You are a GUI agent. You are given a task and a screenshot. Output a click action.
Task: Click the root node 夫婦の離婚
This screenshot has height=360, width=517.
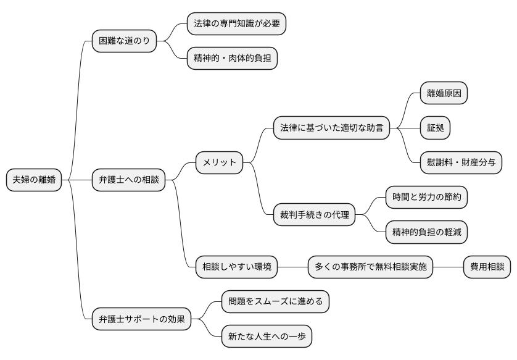[x=34, y=180]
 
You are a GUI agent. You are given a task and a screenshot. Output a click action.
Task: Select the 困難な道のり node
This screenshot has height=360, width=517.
[x=124, y=41]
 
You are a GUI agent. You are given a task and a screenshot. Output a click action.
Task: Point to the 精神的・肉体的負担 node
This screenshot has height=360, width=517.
[x=232, y=59]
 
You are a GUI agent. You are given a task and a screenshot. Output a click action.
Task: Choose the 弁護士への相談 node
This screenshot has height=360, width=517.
[x=128, y=180]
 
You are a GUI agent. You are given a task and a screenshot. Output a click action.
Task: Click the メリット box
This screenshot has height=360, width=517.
[x=219, y=162]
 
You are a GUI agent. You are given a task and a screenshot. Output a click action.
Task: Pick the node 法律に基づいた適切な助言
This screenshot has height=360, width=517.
[x=331, y=128]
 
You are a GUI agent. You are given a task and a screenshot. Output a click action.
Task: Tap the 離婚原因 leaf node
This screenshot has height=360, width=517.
[x=443, y=93]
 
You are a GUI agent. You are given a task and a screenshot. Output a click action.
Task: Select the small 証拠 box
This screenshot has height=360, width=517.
[x=435, y=128]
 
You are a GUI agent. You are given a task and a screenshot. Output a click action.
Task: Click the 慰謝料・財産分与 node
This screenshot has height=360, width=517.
[x=460, y=162]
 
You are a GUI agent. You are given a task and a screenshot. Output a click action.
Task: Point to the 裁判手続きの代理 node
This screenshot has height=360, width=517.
[x=314, y=215]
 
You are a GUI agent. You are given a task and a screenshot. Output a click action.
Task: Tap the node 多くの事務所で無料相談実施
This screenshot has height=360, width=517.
[x=370, y=267]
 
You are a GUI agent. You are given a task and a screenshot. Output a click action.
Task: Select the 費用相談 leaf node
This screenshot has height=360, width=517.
[x=487, y=267]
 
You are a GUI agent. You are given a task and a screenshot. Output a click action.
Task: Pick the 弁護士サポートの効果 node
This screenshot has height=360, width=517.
[x=141, y=319]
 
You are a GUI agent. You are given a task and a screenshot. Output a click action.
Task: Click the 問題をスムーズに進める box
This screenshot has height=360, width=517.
[x=275, y=302]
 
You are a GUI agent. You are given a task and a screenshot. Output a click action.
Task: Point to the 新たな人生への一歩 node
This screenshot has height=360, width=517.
[x=267, y=337]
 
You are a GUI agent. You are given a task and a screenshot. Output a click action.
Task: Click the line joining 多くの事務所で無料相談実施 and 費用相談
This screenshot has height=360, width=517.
[x=448, y=267]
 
